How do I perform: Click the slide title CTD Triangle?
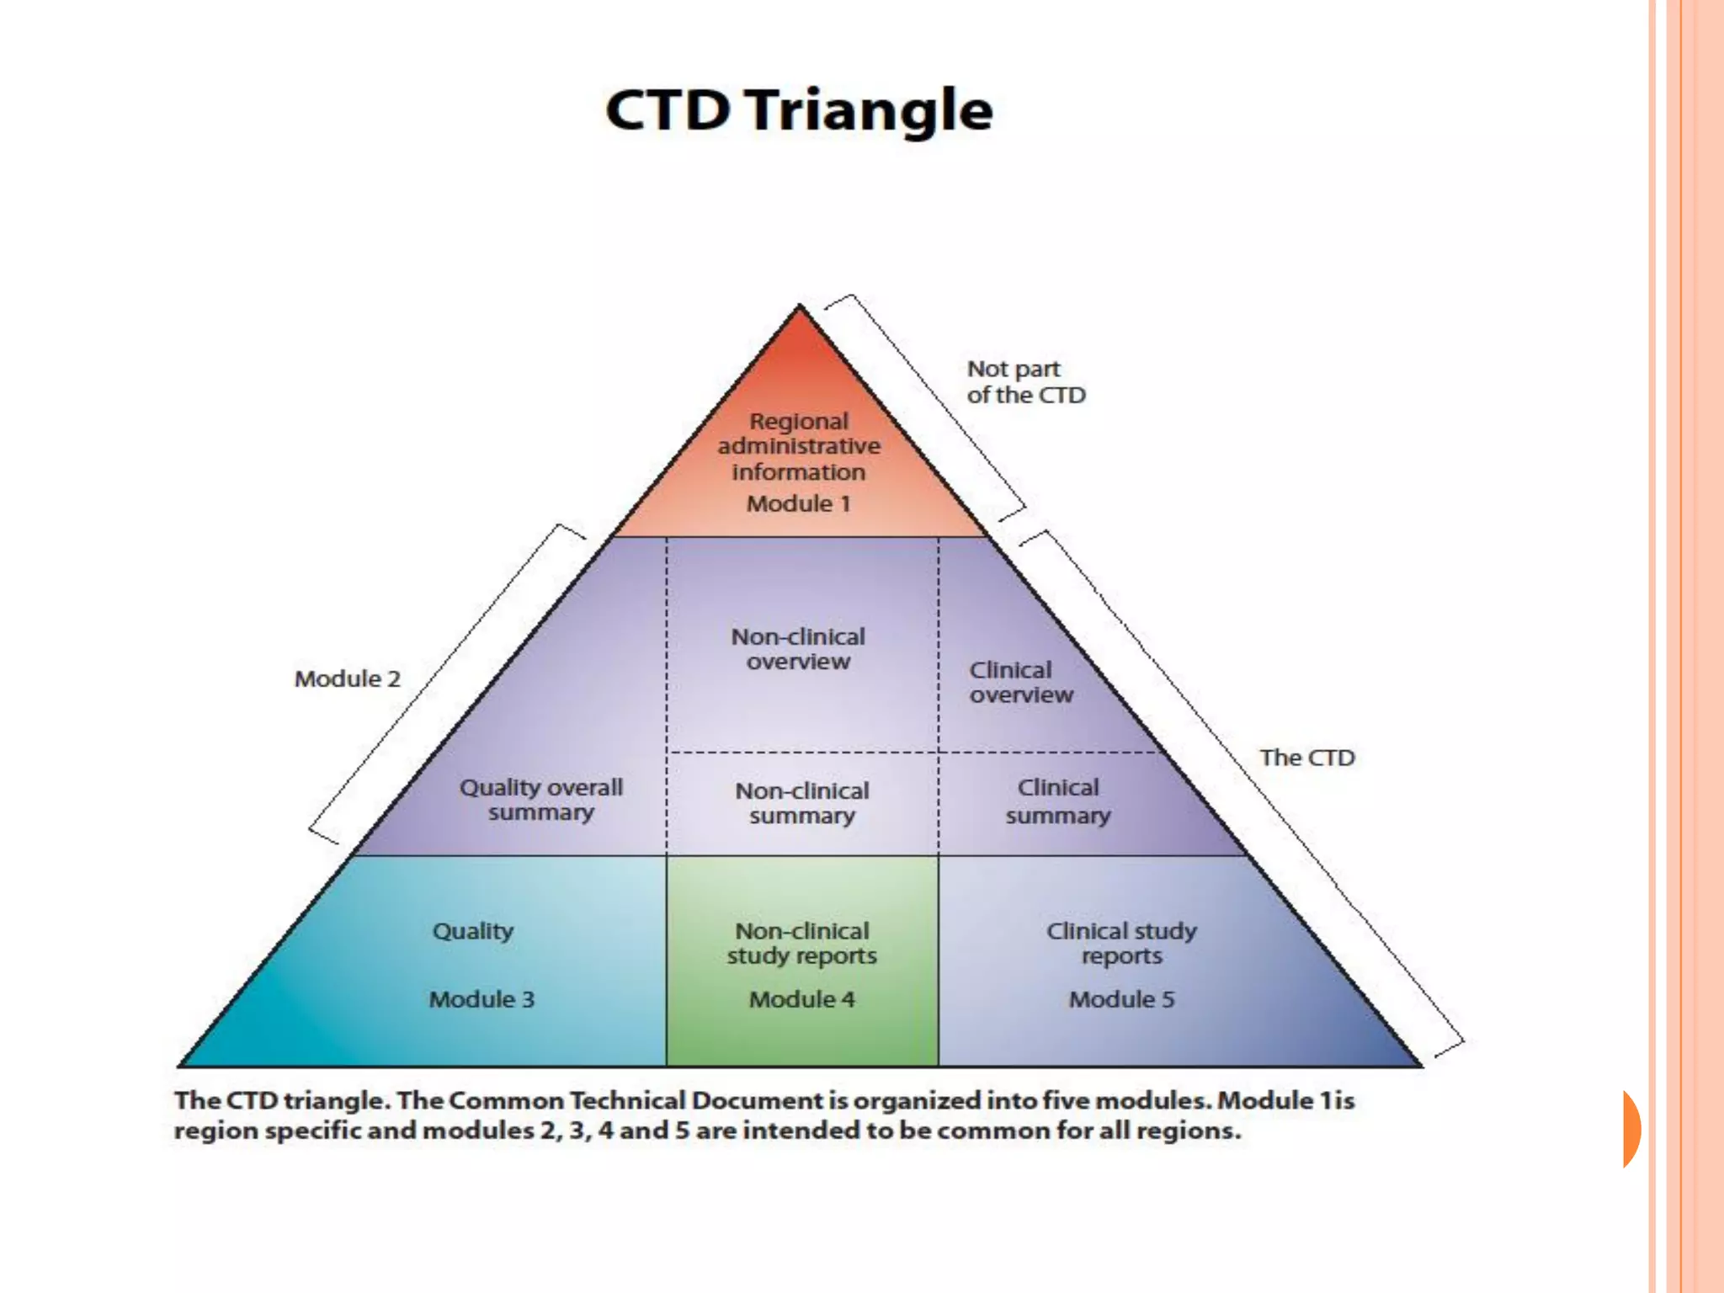pos(799,110)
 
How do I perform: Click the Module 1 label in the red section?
pos(798,503)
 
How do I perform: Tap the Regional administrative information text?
pos(799,446)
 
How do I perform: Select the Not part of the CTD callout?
pos(1025,381)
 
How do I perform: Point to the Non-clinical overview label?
pos(798,649)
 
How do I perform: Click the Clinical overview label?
pos(1020,682)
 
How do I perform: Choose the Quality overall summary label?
pos(540,800)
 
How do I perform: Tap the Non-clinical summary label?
pos(801,803)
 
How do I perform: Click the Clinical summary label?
pos(1058,801)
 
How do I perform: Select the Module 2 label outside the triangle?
pos(347,678)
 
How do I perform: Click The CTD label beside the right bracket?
pos(1306,758)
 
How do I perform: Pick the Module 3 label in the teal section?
pos(482,999)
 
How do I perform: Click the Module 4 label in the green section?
pos(801,999)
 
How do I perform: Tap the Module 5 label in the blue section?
pos(1121,999)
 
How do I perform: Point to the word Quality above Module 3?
pos(472,931)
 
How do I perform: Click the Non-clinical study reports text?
pos(801,944)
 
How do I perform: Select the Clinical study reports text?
pos(1121,944)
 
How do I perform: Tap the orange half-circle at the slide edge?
pos(1631,1129)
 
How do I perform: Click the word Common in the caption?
pos(505,1101)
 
